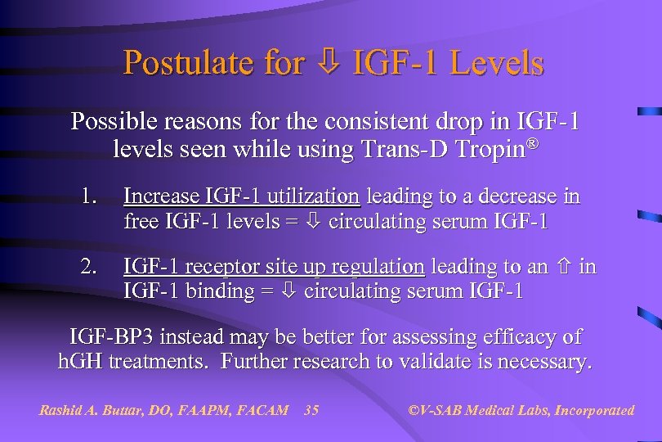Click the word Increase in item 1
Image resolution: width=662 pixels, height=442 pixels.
pyautogui.click(x=160, y=196)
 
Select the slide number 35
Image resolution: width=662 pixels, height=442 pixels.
pyautogui.click(x=311, y=410)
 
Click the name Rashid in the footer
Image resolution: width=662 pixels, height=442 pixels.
pyautogui.click(x=61, y=410)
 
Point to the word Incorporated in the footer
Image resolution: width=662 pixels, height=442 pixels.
pyautogui.click(x=594, y=410)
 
